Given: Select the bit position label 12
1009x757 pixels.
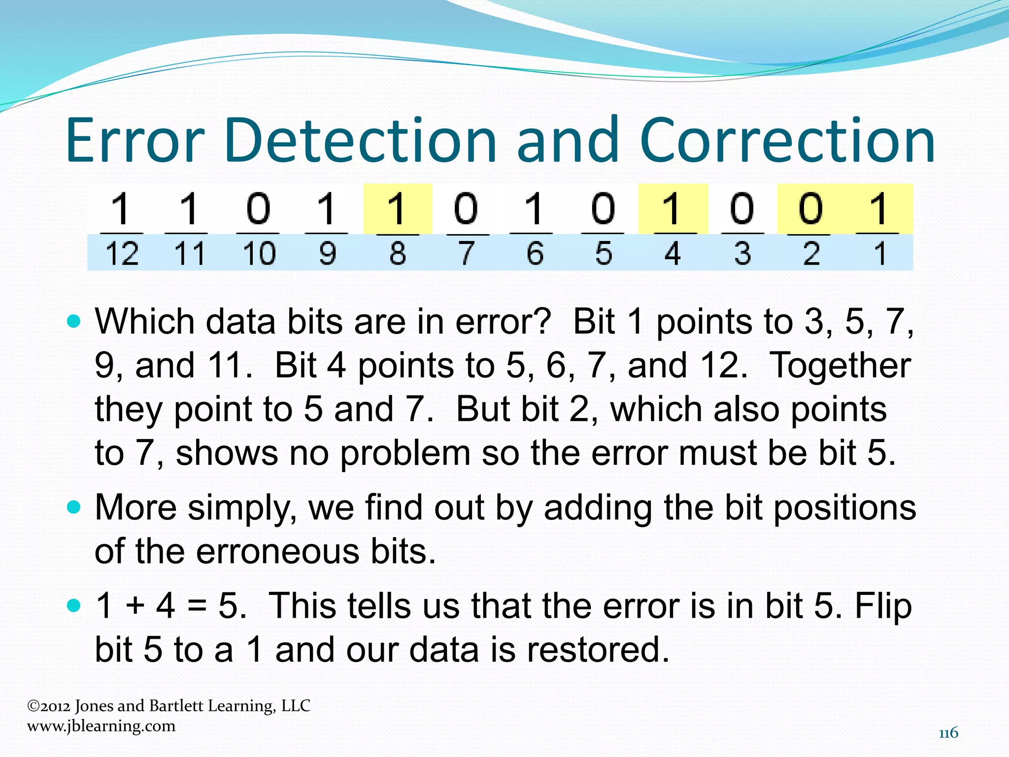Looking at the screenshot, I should (x=122, y=254).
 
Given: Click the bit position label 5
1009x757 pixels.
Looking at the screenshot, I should (x=604, y=254).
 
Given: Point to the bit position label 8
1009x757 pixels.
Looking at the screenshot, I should (x=398, y=254).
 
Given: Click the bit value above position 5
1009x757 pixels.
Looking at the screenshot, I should (x=604, y=208).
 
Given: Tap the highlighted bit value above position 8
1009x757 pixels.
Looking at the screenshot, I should (x=397, y=208).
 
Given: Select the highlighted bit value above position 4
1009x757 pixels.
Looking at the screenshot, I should (x=673, y=208).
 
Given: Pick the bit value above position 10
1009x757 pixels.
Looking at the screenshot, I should (x=259, y=208).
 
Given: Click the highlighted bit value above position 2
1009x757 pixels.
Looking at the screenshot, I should (x=810, y=208).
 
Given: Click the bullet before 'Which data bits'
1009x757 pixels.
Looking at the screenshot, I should (x=73, y=322).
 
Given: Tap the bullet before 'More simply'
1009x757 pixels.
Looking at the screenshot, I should (x=73, y=508).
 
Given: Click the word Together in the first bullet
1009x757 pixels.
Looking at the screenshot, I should (x=840, y=366).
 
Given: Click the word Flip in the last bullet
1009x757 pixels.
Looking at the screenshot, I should (x=883, y=606).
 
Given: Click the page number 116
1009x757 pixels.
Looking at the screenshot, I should (x=948, y=733).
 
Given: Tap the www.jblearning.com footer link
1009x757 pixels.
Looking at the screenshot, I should (x=101, y=726).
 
